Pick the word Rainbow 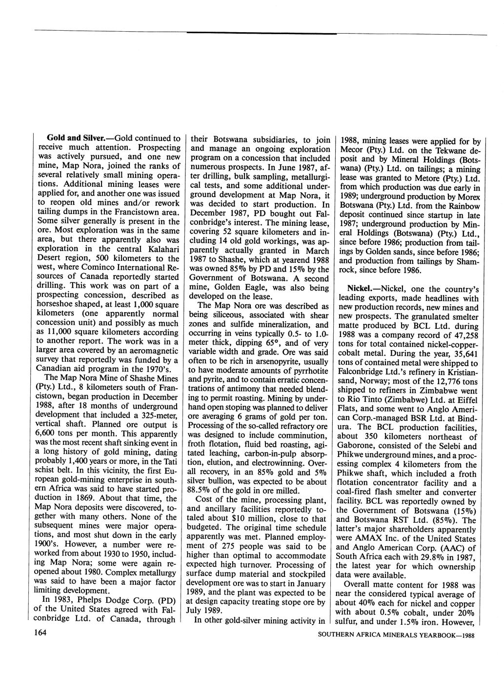click(462, 206)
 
